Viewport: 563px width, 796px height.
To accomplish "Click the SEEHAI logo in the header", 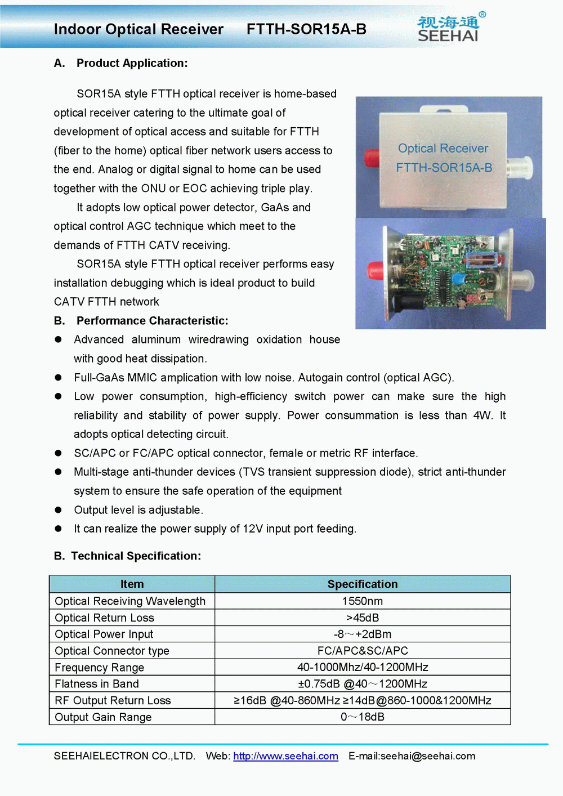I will (x=449, y=28).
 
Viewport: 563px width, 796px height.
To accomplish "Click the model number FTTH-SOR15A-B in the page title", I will (x=306, y=29).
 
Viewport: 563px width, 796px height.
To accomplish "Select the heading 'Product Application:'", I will (x=132, y=63).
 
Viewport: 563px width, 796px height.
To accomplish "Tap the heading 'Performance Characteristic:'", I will (x=152, y=321).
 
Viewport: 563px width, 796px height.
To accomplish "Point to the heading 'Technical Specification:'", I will (x=136, y=556).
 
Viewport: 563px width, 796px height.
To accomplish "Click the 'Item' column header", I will (x=132, y=584).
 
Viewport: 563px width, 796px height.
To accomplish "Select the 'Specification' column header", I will (x=363, y=584).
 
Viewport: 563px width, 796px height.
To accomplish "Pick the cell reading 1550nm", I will (x=363, y=601).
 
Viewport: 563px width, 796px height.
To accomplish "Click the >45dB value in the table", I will (x=363, y=618).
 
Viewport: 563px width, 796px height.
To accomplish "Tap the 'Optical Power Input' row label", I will (x=104, y=634).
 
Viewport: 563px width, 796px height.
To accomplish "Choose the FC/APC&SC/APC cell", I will (x=363, y=651).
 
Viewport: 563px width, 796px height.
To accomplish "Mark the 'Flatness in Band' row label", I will (x=97, y=684).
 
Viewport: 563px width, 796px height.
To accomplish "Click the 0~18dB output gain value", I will (x=363, y=717).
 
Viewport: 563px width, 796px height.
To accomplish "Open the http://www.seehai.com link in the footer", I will (x=285, y=756).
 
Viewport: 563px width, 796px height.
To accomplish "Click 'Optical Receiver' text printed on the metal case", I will (x=443, y=149).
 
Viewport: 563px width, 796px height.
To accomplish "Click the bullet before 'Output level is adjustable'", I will (x=58, y=510).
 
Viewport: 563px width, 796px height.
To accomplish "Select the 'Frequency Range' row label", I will (x=100, y=668).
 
